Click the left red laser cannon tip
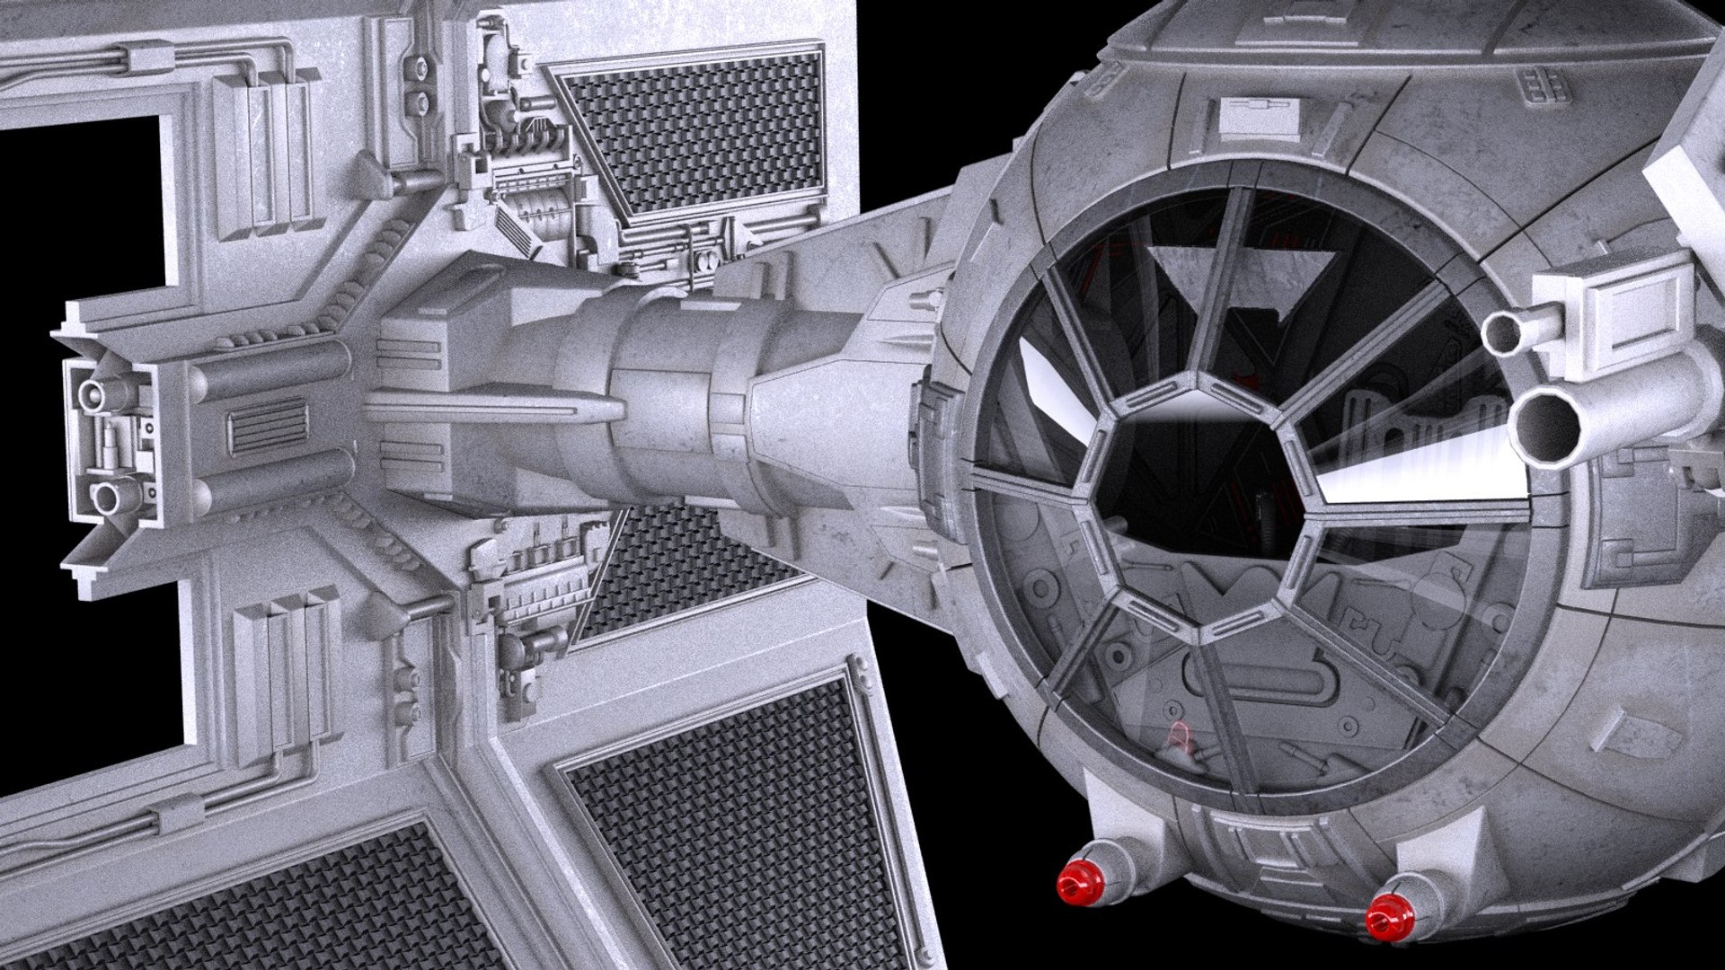[1077, 886]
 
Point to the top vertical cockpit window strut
[1224, 287]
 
